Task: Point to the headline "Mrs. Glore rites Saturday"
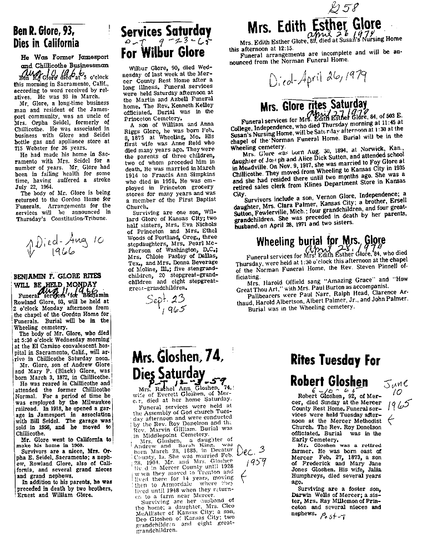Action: [x=314, y=105]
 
